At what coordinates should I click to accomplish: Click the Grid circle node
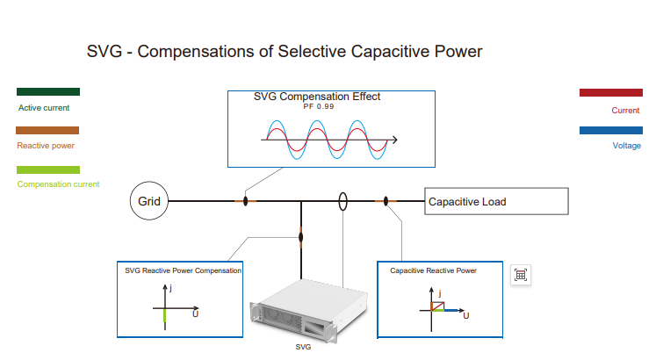coord(148,201)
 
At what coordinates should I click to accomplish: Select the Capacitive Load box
coord(496,201)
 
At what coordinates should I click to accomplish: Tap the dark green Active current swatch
coord(48,91)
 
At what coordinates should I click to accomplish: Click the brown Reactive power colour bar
coord(48,130)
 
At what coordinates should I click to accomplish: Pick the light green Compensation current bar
coord(48,169)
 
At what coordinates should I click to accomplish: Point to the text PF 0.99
coord(319,106)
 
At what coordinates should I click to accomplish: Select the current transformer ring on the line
coord(343,201)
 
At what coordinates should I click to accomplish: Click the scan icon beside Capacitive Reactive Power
coord(521,275)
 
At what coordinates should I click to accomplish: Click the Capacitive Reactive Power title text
coord(434,270)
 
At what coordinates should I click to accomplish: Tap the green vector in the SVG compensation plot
coord(164,319)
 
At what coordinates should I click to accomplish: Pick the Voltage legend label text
coord(626,146)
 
